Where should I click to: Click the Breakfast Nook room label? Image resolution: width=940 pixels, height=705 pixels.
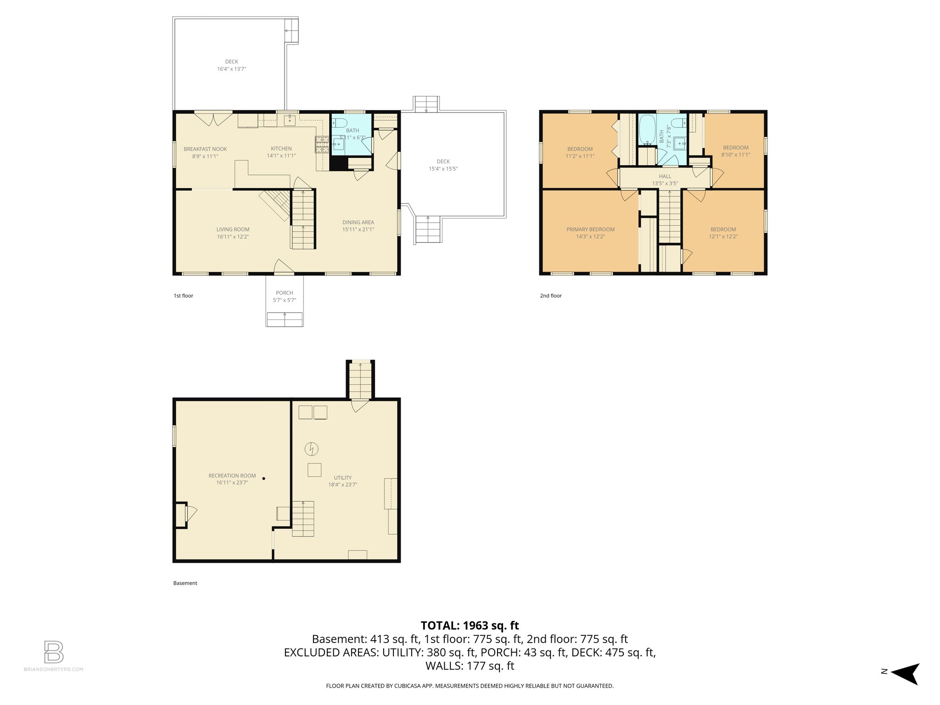tap(205, 149)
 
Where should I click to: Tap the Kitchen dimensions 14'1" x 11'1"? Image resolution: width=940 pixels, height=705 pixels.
tap(281, 156)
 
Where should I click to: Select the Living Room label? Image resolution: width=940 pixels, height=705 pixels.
tap(233, 229)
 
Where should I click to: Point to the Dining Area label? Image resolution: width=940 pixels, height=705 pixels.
tap(358, 223)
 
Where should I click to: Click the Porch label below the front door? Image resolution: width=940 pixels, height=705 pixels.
tap(284, 293)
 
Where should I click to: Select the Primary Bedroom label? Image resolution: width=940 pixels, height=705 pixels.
tap(590, 229)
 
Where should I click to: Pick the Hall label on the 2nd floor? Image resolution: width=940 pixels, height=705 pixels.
tap(665, 176)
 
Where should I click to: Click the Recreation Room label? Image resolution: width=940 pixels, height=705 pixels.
tap(232, 476)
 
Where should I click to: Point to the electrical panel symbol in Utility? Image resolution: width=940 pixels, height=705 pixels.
tap(312, 449)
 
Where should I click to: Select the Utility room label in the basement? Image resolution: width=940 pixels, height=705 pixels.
tap(342, 478)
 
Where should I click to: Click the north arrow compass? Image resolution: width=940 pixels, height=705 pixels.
tap(904, 673)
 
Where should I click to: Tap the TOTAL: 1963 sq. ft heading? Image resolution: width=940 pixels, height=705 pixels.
tap(470, 626)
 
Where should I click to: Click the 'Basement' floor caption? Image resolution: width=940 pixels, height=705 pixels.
tap(185, 583)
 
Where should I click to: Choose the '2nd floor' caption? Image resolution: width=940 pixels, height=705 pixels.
tap(550, 296)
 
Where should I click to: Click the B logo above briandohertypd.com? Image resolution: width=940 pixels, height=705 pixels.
tap(53, 652)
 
